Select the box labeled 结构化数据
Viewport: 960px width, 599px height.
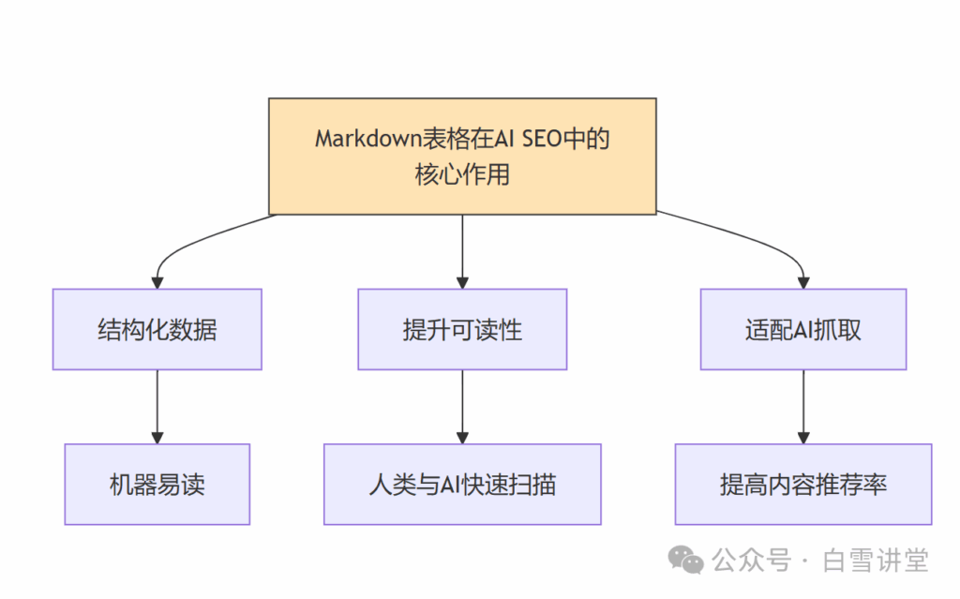pos(157,329)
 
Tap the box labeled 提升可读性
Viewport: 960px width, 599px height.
pos(462,329)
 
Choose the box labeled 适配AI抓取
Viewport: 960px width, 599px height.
pos(802,329)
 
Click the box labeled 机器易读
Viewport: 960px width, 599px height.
pos(157,484)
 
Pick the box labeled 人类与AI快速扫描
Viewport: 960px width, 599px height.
pos(462,484)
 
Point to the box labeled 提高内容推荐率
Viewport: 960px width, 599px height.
pos(802,484)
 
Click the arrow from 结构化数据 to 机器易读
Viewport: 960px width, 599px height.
pos(157,406)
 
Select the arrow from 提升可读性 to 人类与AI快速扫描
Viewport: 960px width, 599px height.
pos(462,406)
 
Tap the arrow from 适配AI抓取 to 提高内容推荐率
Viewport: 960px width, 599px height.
pos(802,406)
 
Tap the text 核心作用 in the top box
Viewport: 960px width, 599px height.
pos(462,174)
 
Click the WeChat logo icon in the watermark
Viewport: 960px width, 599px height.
pos(685,561)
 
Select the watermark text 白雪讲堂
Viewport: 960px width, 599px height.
pos(876,561)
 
